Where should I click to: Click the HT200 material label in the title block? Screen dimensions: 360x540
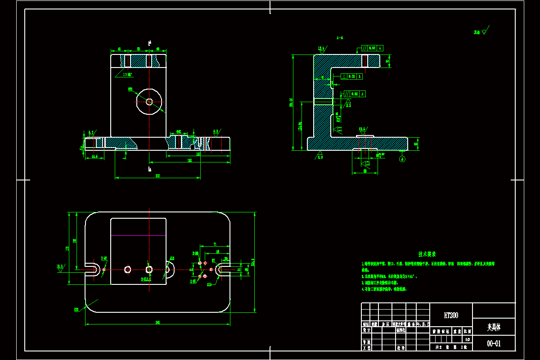coord(451,315)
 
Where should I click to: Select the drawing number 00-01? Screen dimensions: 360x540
coord(494,344)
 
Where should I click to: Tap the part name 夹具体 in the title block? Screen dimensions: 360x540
coord(494,327)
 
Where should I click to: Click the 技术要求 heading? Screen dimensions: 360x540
coord(427,254)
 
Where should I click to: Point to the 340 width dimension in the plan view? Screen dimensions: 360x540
coord(157,322)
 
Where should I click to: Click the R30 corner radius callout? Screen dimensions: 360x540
coord(76,309)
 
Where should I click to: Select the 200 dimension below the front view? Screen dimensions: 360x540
coord(157,175)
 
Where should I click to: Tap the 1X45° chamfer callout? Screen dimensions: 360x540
coord(127,75)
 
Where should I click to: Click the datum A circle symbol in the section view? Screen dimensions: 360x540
coord(402,158)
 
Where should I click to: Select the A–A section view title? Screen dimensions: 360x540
coord(340,38)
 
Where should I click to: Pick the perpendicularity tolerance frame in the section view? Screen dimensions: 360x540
coord(351,76)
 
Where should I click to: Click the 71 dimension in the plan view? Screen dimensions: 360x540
coord(215,244)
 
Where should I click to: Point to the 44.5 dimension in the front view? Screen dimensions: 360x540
coord(94,157)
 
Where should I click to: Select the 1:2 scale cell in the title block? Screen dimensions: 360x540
coord(467,340)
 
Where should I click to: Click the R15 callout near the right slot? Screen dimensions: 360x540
coord(209,284)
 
